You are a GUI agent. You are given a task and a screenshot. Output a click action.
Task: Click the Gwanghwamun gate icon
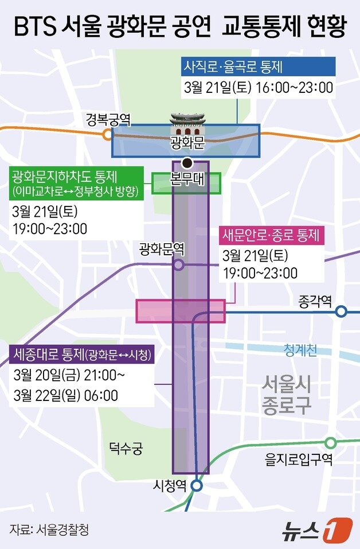[x=187, y=126]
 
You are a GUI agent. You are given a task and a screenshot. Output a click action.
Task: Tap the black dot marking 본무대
[x=186, y=162]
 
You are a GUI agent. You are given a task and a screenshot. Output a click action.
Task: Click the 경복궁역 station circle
[x=107, y=135]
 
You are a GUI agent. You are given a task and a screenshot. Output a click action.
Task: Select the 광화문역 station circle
[x=178, y=264]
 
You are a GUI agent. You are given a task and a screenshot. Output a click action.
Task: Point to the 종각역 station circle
[x=341, y=312]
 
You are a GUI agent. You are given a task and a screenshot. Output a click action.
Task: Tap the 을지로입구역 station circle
[x=331, y=443]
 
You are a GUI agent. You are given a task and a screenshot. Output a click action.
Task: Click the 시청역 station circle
[x=196, y=486]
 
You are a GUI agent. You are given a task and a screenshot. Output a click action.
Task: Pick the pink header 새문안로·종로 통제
[x=272, y=234]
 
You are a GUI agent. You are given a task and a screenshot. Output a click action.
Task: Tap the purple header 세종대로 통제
[x=83, y=355]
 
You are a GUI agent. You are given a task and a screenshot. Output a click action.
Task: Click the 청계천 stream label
[x=300, y=350]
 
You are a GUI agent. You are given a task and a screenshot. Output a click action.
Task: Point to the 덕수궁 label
[x=126, y=448]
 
